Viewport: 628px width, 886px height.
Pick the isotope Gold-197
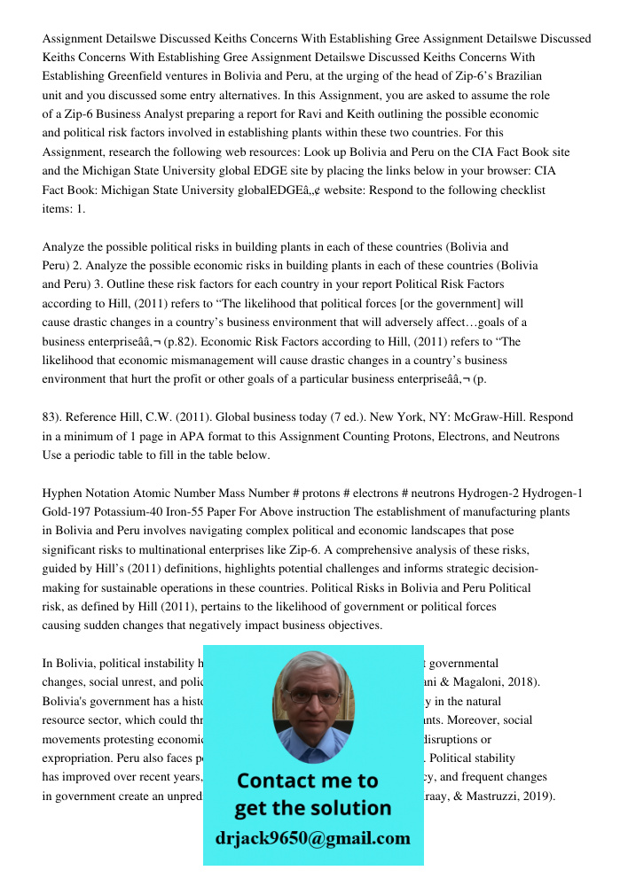[71, 512]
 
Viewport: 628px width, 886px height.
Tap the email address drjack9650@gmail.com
[312, 838]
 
